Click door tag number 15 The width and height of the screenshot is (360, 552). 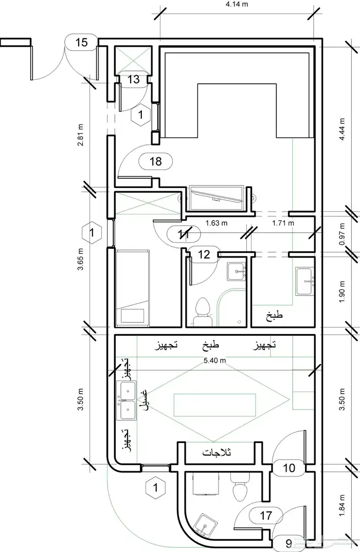[81, 43]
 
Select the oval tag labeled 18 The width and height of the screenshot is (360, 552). [156, 161]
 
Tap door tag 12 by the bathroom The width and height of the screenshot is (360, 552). [204, 254]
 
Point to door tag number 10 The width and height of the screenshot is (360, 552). [289, 468]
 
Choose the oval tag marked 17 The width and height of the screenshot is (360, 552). [266, 516]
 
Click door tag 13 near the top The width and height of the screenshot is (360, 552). [134, 79]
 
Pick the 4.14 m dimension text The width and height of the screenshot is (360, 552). [237, 4]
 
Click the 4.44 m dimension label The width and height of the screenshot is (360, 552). [342, 130]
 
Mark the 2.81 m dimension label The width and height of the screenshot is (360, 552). [81, 135]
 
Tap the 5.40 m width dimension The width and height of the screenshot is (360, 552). [214, 360]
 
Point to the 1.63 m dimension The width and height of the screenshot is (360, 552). [217, 223]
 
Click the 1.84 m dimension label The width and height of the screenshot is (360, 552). [342, 506]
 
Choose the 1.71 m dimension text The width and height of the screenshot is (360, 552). [283, 223]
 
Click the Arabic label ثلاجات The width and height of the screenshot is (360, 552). [217, 452]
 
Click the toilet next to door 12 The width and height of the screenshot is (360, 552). [202, 311]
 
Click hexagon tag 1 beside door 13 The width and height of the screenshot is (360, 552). [141, 115]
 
